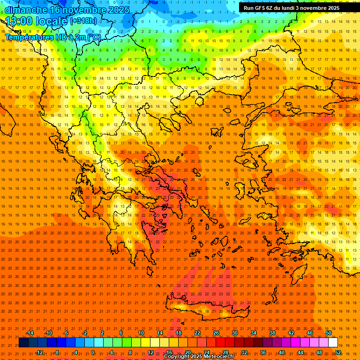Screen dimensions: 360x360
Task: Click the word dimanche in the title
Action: tap(26, 9)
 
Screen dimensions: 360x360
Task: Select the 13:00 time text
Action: tap(19, 21)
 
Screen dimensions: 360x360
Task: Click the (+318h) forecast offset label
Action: tap(83, 21)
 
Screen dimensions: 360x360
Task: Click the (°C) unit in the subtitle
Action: tap(94, 37)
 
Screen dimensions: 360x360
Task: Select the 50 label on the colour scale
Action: tap(329, 333)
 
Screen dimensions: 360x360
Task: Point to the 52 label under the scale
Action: tap(338, 352)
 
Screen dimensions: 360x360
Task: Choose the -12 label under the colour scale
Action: tap(39, 352)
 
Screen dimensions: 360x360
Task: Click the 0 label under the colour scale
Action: tap(93, 352)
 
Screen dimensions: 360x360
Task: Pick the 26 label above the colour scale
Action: tap(216, 333)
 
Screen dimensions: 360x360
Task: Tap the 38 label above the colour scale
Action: tap(272, 333)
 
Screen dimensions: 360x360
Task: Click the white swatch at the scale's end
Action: tap(333, 343)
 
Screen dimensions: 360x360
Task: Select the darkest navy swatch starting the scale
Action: tap(23, 343)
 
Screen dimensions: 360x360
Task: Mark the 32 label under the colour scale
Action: tap(244, 352)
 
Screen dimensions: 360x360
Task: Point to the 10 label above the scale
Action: tap(141, 333)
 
